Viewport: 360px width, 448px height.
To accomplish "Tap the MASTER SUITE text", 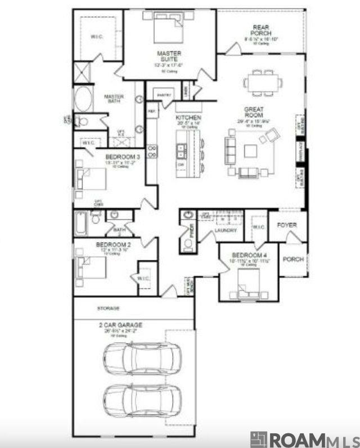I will click(x=169, y=56).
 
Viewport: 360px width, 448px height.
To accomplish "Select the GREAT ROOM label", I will click(x=254, y=112).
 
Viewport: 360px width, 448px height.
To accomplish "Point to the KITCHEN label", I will click(x=188, y=118).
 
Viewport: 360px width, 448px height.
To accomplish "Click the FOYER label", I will click(x=287, y=225).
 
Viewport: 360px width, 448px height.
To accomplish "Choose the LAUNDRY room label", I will click(x=225, y=231).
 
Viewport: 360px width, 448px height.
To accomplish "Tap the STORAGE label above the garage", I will click(x=108, y=309).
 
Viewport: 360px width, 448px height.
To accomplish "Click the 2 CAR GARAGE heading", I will click(x=119, y=325).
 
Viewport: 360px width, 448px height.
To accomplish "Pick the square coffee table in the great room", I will click(x=250, y=151).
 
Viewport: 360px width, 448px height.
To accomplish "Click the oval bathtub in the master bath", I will click(x=84, y=99).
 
